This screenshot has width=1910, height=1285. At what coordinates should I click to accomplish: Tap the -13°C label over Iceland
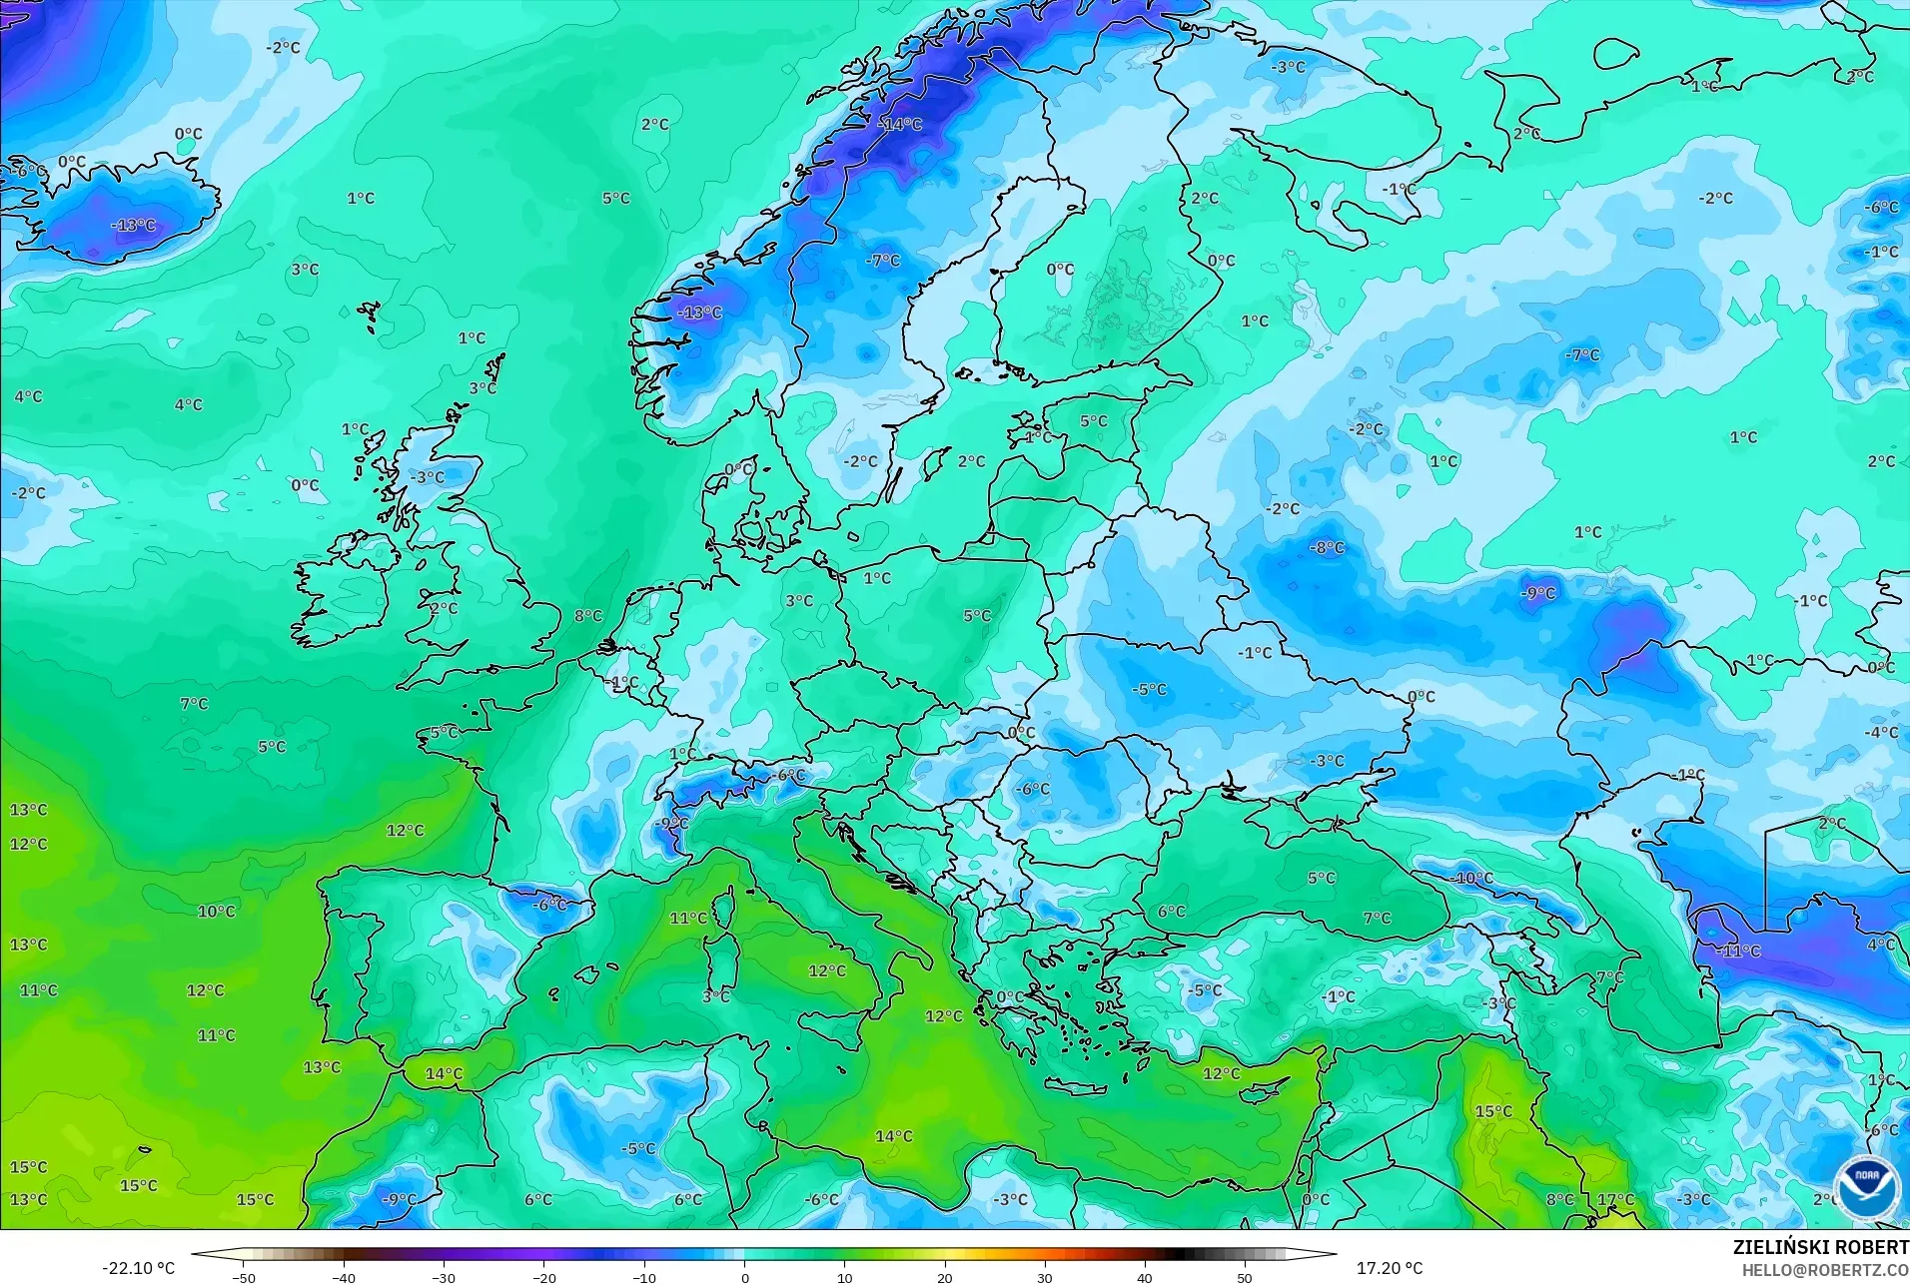[x=134, y=225]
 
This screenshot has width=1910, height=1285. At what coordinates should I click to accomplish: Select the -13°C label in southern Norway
[x=699, y=313]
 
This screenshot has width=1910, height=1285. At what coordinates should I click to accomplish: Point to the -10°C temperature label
[x=1471, y=879]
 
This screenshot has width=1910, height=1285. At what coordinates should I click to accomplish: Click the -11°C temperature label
[x=1738, y=951]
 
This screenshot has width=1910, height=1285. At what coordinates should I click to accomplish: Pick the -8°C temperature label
[x=1327, y=547]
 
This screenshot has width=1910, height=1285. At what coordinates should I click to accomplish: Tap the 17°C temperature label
[x=1615, y=1199]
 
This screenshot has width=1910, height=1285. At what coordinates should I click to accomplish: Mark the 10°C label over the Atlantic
[x=216, y=911]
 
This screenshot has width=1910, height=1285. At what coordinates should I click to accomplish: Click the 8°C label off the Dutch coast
[x=588, y=616]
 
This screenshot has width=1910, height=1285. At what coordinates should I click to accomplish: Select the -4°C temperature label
[x=1881, y=732]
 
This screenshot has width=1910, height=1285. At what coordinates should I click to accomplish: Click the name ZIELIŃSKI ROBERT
[x=1820, y=1247]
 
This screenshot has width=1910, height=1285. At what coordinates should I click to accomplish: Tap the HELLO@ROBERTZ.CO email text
[x=1825, y=1270]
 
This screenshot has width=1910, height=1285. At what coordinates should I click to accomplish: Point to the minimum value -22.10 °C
[x=138, y=1268]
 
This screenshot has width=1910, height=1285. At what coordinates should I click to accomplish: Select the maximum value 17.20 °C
[x=1389, y=1268]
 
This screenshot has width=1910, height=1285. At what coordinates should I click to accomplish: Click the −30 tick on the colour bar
[x=444, y=1277]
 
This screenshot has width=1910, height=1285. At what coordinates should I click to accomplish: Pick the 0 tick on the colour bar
[x=744, y=1277]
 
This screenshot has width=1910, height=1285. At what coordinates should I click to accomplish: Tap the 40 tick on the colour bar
[x=1145, y=1277]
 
